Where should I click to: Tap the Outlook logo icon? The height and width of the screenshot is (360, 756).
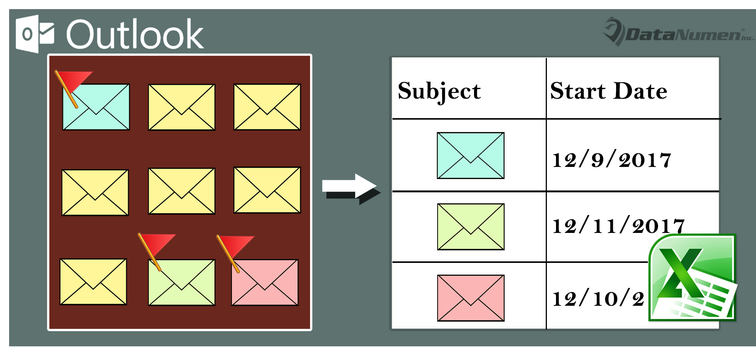pos(35,34)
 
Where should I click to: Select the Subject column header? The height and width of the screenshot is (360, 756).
pos(439,91)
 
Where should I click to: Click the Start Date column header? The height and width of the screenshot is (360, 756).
pos(608,91)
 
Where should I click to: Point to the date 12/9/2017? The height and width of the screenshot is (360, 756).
pos(611,160)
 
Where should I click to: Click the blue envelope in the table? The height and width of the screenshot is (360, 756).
pos(471,156)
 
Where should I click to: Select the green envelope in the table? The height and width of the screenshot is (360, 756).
pos(471,227)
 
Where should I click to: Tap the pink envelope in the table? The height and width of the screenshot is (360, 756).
pos(471,298)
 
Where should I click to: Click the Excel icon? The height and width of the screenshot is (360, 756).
pos(692,278)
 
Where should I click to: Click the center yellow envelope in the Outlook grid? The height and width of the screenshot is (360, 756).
pos(181,191)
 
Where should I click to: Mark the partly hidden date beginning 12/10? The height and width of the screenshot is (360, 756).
pos(598,299)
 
